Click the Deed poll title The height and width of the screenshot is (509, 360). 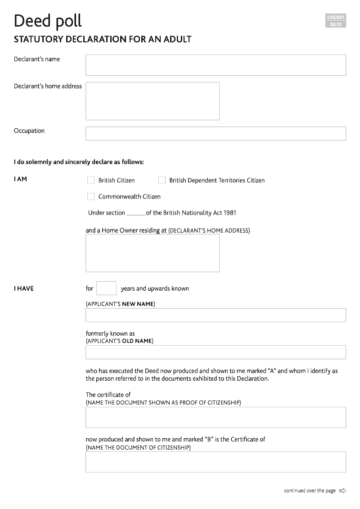[x=48, y=21]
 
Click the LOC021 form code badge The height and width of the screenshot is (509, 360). [x=336, y=18]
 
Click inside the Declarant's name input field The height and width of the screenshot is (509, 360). [x=216, y=65]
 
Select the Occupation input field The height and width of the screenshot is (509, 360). [x=216, y=134]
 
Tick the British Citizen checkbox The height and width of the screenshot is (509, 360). [x=91, y=180]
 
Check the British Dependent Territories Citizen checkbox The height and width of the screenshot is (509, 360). [x=162, y=180]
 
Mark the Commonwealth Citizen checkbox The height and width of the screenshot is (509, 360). [x=91, y=197]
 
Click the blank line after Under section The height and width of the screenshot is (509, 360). [x=135, y=214]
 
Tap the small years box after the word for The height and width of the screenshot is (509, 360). [x=106, y=288]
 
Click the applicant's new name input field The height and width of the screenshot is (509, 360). [x=216, y=315]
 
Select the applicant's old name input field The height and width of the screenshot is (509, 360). [x=216, y=352]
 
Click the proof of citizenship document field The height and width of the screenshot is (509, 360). [x=216, y=417]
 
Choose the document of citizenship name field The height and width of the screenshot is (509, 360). [x=216, y=462]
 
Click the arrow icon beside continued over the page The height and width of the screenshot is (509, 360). [x=343, y=491]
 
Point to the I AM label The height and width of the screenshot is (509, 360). [x=20, y=179]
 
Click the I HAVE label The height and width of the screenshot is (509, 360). [x=23, y=288]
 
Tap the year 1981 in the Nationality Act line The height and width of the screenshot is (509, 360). [x=229, y=213]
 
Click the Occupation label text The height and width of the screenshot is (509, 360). [x=29, y=131]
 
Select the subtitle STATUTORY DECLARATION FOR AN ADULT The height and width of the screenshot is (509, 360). [x=103, y=40]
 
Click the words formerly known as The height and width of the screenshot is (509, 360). [x=110, y=333]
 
